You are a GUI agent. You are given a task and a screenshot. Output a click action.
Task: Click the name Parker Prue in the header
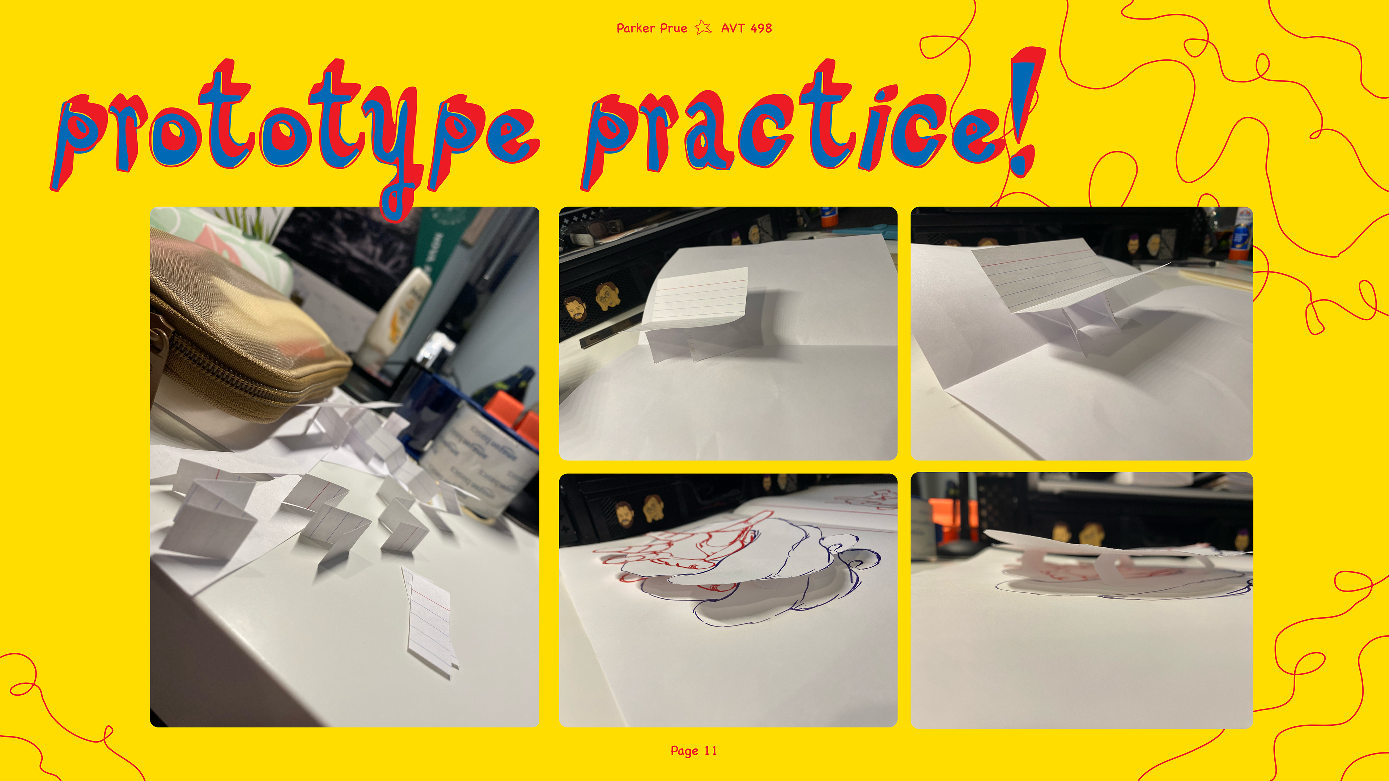[651, 28]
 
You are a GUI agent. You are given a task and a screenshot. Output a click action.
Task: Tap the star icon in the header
[703, 27]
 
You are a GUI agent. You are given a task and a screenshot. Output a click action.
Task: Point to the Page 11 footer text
[694, 751]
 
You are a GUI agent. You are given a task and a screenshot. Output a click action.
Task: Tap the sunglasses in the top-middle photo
[593, 229]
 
